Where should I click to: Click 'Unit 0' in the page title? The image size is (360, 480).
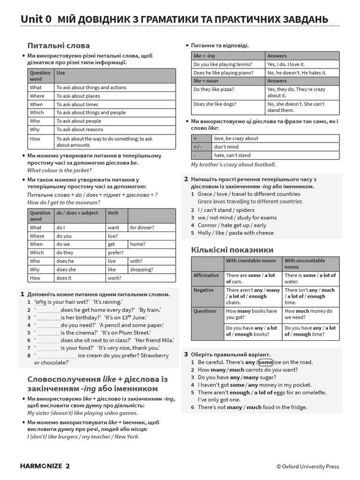(36, 19)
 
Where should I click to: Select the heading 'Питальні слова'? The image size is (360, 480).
(59, 45)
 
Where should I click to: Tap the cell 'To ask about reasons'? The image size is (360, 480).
(80, 129)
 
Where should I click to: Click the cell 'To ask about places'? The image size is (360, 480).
(78, 96)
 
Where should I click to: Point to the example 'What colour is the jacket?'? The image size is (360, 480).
(60, 170)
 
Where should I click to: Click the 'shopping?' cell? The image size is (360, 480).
(142, 270)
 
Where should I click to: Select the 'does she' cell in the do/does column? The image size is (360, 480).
(66, 270)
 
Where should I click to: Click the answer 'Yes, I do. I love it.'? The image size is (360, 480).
(286, 64)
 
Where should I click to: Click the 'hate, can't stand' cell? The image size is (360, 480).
(232, 155)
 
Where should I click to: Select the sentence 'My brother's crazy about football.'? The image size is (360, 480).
(233, 165)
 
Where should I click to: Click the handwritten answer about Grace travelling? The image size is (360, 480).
(250, 202)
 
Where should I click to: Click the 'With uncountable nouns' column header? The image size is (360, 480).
(305, 263)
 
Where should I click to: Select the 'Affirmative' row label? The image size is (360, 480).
(206, 275)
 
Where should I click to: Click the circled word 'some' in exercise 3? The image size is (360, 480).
(265, 362)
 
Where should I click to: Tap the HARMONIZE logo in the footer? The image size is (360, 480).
(41, 466)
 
